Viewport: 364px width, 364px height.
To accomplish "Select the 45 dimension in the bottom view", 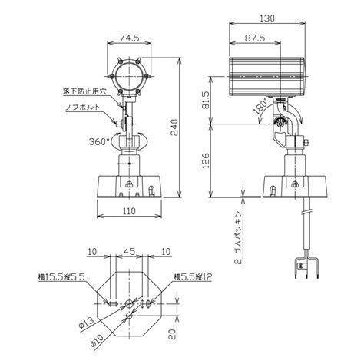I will pyautogui.click(x=131, y=252).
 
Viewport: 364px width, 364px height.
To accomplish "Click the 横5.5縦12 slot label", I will pyautogui.click(x=192, y=276).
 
